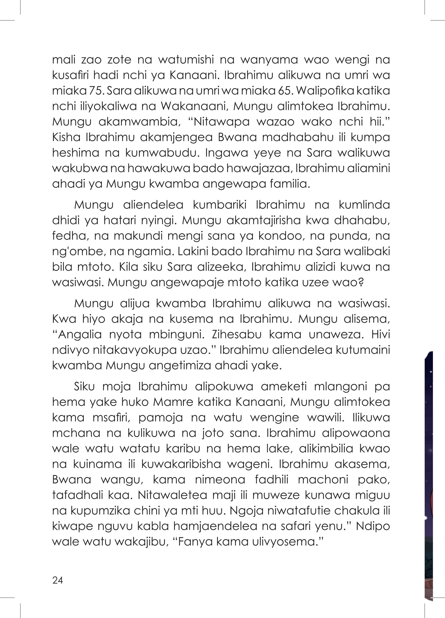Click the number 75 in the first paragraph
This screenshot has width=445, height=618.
[x=95, y=91]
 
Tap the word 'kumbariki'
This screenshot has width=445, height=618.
[x=220, y=205]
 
